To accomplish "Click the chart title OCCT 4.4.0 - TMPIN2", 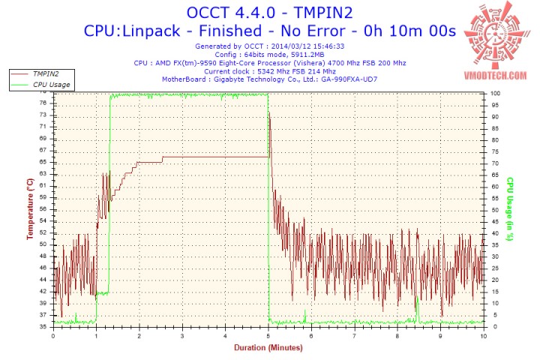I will click(269, 13).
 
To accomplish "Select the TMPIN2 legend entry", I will click(44, 74).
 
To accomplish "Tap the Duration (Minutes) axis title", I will click(268, 348).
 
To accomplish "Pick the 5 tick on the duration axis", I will click(268, 335).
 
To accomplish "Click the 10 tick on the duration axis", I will click(483, 335).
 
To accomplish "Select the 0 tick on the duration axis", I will click(52, 335).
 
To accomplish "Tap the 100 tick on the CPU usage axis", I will click(495, 93).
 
